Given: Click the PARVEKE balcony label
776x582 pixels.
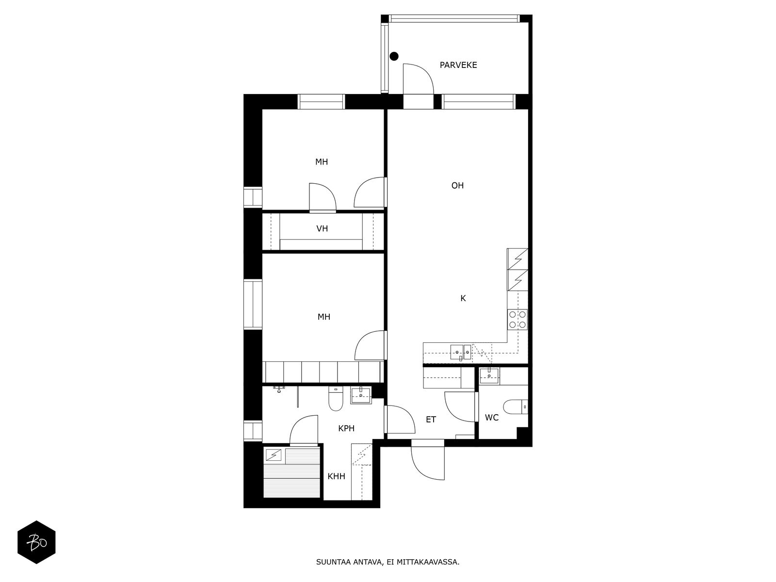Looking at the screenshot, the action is tap(458, 65).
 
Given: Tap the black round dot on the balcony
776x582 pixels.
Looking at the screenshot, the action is tap(394, 56).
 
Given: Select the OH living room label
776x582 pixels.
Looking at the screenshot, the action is tap(457, 186).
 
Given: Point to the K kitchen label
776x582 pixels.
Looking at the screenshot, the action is tap(463, 299).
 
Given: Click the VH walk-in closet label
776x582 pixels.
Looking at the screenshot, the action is tap(322, 228).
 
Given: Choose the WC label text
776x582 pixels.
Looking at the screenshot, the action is tap(491, 418).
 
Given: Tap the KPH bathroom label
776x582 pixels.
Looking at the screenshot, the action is tap(346, 428).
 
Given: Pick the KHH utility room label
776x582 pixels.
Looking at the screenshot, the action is tap(336, 476).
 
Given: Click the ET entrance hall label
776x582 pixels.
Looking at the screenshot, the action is tap(431, 420).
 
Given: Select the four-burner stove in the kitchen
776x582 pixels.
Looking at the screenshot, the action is tap(517, 320).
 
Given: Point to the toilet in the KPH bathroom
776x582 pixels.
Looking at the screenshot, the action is tap(336, 399).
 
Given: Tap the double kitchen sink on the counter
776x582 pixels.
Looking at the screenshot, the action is tap(460, 352).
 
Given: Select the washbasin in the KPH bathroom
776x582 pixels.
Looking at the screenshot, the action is tap(361, 395).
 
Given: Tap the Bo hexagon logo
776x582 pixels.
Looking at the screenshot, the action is tap(36, 542).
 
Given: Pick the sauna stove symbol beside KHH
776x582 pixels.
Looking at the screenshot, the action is tap(274, 455).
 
